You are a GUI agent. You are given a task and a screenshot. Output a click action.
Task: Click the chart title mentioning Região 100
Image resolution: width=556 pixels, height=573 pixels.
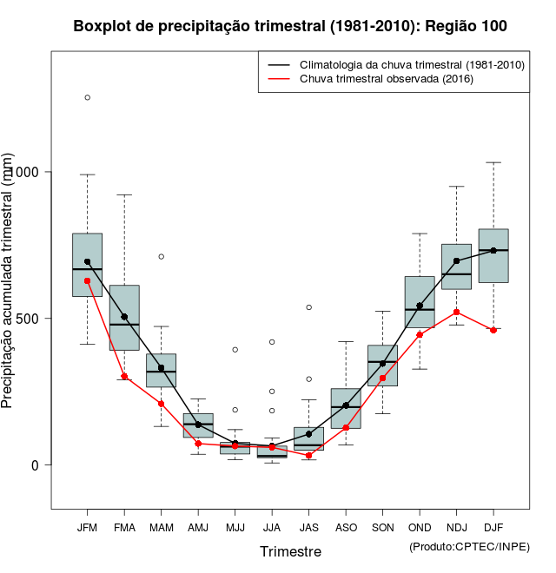click(x=290, y=27)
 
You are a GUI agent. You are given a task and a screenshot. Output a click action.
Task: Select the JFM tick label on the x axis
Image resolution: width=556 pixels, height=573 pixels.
click(x=87, y=527)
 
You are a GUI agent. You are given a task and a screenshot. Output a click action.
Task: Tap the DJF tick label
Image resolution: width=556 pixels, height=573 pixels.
click(x=493, y=527)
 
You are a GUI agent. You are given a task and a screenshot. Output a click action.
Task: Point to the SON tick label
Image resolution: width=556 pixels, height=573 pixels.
click(x=382, y=527)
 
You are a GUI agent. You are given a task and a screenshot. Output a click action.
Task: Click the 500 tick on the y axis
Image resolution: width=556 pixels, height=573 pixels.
click(x=34, y=318)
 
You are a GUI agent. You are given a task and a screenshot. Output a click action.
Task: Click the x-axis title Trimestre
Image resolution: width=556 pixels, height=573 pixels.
click(x=290, y=551)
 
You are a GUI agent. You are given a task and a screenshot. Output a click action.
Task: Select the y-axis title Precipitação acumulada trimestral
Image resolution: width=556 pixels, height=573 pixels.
click(x=9, y=280)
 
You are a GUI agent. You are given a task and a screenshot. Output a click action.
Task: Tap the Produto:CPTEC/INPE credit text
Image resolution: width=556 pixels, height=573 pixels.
click(x=469, y=546)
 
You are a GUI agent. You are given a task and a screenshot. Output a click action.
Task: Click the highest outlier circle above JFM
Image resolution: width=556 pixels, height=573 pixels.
click(x=87, y=97)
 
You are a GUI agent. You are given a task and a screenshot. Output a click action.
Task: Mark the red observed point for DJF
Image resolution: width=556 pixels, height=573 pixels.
click(x=493, y=330)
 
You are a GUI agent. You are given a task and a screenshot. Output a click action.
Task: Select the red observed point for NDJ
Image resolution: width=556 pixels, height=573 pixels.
click(x=456, y=312)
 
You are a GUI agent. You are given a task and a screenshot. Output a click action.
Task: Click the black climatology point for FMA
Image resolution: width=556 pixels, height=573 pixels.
click(x=124, y=317)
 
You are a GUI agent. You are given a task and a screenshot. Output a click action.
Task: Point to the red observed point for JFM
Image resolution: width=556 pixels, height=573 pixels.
click(x=87, y=280)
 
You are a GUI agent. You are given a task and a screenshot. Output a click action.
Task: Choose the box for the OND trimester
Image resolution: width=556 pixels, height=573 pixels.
click(x=420, y=301)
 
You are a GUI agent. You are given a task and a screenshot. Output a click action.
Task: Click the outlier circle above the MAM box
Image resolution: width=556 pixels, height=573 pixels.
click(x=161, y=256)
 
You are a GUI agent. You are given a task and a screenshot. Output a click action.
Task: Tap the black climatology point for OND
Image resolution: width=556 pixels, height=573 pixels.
click(x=420, y=306)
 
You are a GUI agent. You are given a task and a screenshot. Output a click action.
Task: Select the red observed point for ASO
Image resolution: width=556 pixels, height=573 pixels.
click(x=346, y=427)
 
